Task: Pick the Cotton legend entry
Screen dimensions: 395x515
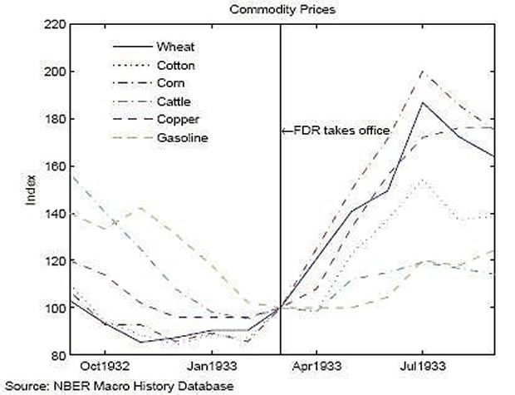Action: (x=175, y=65)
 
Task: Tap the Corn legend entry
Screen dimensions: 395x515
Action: (x=170, y=83)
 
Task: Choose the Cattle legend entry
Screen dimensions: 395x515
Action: (x=172, y=101)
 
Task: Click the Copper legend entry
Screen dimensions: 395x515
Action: (x=174, y=120)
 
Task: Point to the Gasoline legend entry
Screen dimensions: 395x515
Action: (x=179, y=137)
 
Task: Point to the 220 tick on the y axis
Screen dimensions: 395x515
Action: (x=54, y=25)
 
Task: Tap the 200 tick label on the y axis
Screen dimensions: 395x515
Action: (x=54, y=72)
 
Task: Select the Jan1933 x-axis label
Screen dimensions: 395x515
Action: (x=210, y=367)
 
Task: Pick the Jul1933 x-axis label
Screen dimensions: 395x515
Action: (x=421, y=367)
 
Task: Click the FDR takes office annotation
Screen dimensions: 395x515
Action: (x=336, y=131)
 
